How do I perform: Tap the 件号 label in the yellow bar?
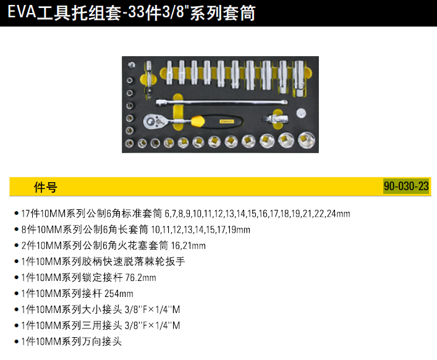pyautogui.click(x=45, y=187)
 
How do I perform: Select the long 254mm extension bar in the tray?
pyautogui.click(x=223, y=100)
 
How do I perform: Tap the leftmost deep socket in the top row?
pyautogui.click(x=170, y=72)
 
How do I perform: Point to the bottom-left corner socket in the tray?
pyautogui.click(x=130, y=143)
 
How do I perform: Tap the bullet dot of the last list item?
pyautogui.click(x=15, y=341)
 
